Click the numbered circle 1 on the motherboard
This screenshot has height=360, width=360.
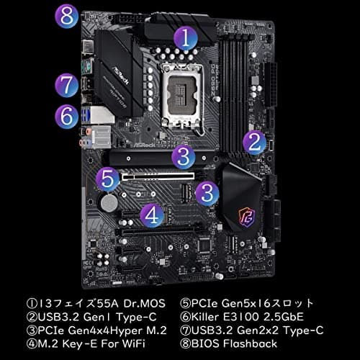tap(186, 37)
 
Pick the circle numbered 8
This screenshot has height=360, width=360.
tap(67, 16)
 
